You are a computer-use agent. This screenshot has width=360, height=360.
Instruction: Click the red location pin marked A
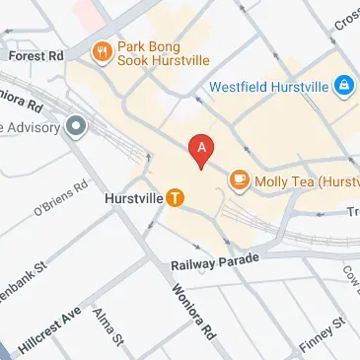coord(203,151)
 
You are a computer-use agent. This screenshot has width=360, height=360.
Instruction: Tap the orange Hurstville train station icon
coord(175,198)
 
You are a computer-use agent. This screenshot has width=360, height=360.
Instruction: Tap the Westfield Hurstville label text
coord(268,86)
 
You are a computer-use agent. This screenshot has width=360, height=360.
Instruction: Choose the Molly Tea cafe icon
coord(239,180)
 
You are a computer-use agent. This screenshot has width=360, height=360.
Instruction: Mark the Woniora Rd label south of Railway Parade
coord(193,311)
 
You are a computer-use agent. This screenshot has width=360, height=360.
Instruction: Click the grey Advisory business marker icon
coord(74,126)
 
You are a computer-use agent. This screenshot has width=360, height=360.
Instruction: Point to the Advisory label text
coord(30,126)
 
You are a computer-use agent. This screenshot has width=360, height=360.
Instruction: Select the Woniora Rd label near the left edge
coord(23,99)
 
